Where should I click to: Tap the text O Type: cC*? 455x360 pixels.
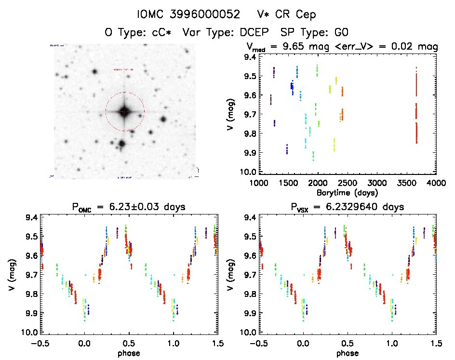140,32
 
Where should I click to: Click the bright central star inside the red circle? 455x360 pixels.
124,111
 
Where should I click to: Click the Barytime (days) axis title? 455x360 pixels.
347,192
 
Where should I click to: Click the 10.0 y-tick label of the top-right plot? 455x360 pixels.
249,172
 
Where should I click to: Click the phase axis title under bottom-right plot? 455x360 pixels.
347,352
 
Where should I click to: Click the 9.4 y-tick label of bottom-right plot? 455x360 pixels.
249,217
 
